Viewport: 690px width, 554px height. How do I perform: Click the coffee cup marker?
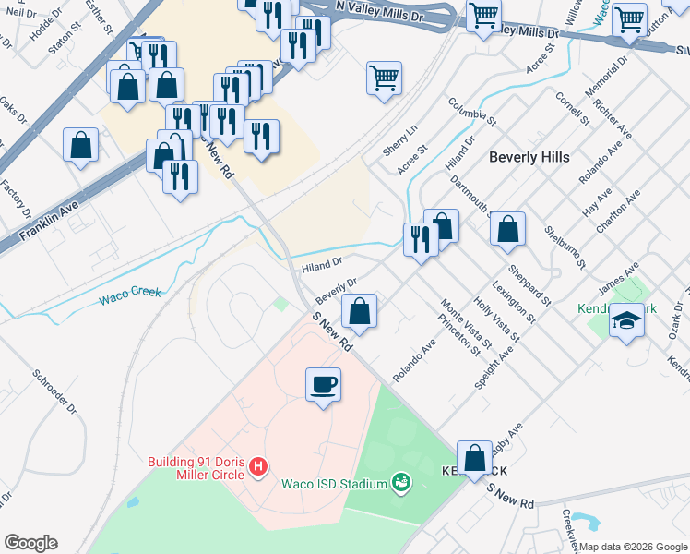[x=323, y=384]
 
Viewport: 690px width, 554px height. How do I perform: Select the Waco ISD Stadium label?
[x=333, y=484]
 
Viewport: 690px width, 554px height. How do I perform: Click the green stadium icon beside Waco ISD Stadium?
[x=401, y=482]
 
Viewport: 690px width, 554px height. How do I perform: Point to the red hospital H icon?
[x=259, y=468]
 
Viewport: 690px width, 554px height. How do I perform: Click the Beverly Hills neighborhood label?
[x=529, y=157]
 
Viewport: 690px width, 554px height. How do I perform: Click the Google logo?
[x=30, y=543]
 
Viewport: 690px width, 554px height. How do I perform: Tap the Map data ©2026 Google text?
[x=634, y=547]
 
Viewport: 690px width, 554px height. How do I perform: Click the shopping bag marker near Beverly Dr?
[x=360, y=310]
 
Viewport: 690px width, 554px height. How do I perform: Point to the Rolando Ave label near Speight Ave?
[x=413, y=362]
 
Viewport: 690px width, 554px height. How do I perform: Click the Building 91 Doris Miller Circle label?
[x=196, y=468]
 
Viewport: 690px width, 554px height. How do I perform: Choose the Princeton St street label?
[x=460, y=333]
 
